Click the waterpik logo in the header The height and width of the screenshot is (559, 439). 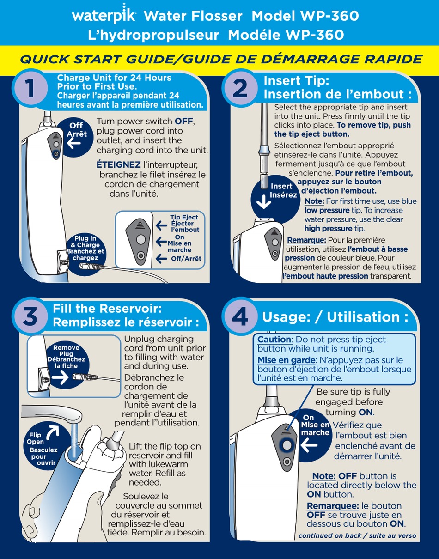tap(104, 15)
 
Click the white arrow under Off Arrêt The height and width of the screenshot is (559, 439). tap(74, 144)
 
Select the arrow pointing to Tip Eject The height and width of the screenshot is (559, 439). tap(161, 225)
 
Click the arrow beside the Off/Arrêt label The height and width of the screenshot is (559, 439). tap(161, 259)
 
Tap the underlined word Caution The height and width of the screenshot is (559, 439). tap(274, 340)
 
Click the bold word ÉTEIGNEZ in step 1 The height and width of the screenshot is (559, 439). tap(118, 165)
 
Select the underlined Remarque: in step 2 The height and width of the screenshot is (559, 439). tap(306, 240)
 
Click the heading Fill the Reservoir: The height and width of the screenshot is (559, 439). tap(107, 309)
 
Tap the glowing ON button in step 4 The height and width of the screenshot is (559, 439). tap(286, 444)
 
